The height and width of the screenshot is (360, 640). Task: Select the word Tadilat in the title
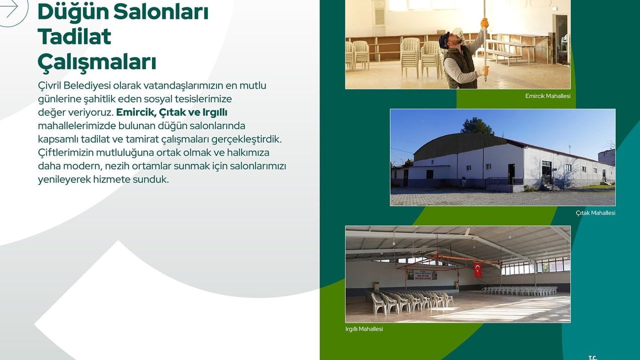[74, 36]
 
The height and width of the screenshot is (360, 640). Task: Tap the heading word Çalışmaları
[96, 62]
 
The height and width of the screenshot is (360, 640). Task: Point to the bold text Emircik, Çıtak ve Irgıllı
[171, 112]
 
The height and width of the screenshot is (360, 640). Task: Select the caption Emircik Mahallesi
[547, 96]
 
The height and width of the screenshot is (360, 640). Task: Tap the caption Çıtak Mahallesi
[595, 213]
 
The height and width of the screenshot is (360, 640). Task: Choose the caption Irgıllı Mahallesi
[364, 329]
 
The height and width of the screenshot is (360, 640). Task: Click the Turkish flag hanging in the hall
[477, 269]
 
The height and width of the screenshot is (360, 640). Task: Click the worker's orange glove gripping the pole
[484, 23]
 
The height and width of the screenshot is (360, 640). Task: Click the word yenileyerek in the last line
[64, 179]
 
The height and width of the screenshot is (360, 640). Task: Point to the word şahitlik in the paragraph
[98, 99]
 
